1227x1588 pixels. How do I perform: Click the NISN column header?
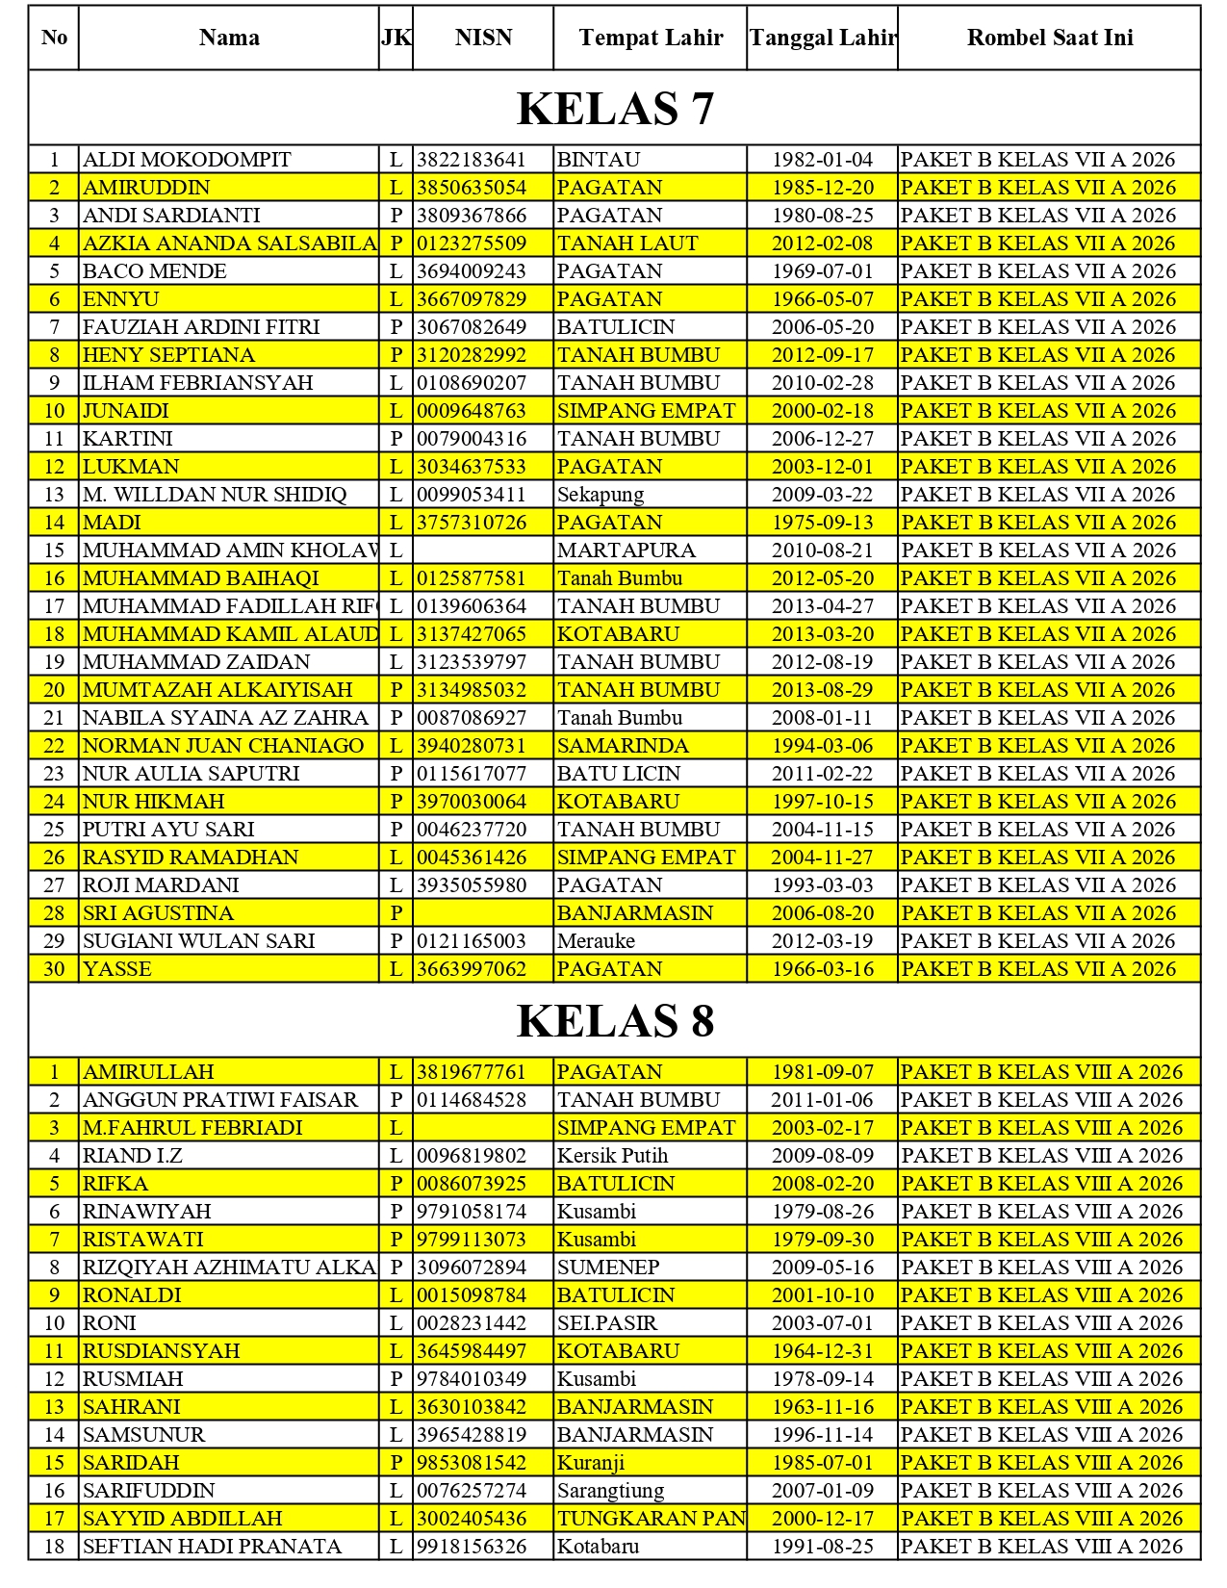point(483,38)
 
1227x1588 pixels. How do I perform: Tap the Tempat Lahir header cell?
point(651,38)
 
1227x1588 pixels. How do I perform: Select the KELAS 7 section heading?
point(615,109)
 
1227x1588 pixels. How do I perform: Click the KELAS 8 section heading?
point(615,1021)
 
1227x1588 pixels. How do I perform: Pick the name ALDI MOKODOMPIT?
point(187,160)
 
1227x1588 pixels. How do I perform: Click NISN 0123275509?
point(472,243)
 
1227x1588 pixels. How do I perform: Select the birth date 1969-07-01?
point(822,271)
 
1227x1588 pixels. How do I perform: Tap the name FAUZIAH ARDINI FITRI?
point(201,327)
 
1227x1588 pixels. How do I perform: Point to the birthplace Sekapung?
point(601,495)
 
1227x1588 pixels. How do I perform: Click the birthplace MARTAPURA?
point(626,551)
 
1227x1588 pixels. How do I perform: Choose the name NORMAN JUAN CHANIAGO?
point(223,746)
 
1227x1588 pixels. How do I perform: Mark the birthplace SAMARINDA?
point(623,746)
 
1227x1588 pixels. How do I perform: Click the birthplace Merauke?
point(596,941)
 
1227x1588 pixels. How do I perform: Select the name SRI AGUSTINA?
point(158,913)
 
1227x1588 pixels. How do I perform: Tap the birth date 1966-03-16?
point(822,969)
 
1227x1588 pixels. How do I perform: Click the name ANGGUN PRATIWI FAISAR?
point(220,1100)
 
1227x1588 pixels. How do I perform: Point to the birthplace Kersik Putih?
point(612,1156)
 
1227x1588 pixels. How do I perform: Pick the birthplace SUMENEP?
point(608,1268)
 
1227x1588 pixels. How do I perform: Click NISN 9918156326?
point(472,1547)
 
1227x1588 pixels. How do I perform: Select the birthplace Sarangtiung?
point(610,1491)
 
